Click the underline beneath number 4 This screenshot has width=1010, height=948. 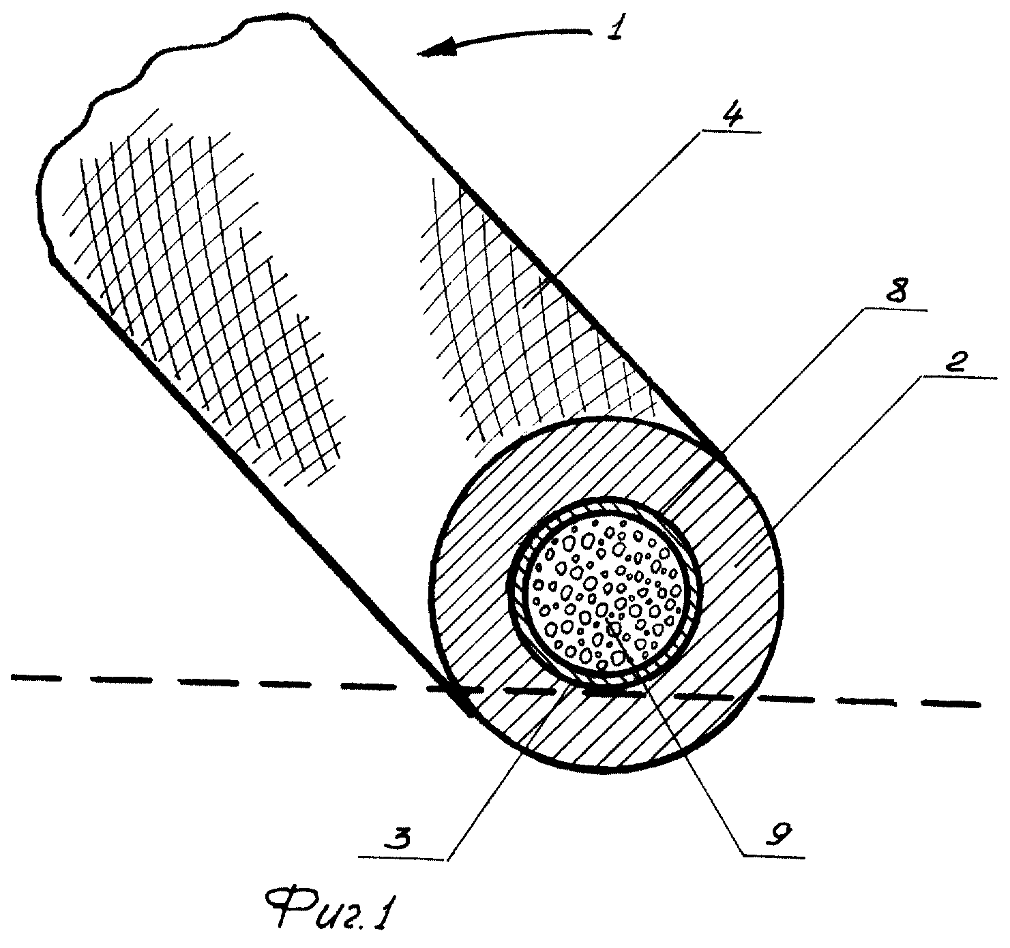point(732,132)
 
